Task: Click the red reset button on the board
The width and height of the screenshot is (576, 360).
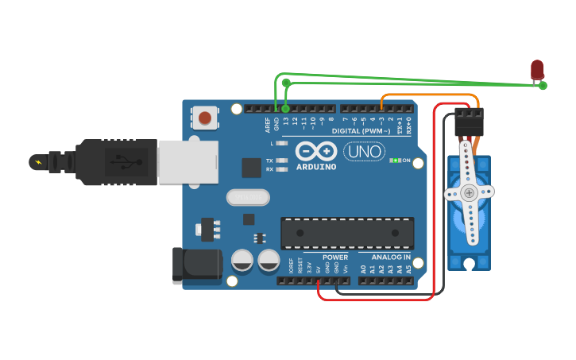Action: tap(205, 118)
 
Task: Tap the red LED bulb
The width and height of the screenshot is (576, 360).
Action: tap(538, 69)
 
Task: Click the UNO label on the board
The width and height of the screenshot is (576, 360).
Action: tap(364, 151)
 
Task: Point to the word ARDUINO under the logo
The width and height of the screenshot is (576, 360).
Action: tap(316, 167)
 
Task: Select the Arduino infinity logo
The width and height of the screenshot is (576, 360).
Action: tap(316, 150)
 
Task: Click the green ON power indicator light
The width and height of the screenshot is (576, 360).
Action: tap(395, 161)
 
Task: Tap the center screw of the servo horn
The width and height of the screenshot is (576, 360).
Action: tap(469, 193)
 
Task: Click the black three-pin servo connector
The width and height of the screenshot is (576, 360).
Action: tap(469, 122)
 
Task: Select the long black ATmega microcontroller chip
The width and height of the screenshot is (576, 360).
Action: tap(346, 232)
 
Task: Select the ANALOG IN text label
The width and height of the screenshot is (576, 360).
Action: tap(391, 257)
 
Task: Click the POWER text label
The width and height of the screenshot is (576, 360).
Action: tap(335, 257)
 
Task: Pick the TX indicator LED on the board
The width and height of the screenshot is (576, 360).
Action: tap(280, 161)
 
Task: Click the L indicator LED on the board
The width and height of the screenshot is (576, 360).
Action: tap(280, 144)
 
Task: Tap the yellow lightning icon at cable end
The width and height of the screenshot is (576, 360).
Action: tap(37, 162)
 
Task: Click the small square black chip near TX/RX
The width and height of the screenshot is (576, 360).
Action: tap(252, 168)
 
